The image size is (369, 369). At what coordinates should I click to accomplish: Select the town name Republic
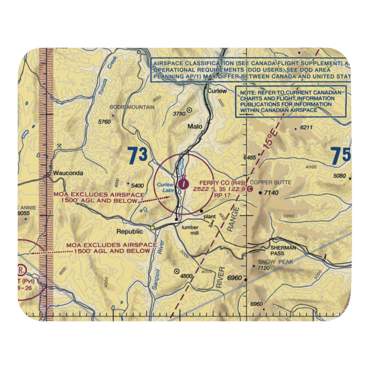click(x=129, y=232)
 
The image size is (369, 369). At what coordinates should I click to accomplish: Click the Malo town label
click(x=195, y=127)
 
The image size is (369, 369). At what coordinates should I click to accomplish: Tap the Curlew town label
click(x=216, y=91)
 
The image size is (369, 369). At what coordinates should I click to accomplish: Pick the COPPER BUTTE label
click(x=270, y=182)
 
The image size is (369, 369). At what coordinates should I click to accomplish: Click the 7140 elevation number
click(x=271, y=193)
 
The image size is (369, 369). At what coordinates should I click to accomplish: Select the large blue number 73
click(x=138, y=156)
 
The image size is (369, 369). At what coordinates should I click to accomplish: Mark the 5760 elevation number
click(x=104, y=121)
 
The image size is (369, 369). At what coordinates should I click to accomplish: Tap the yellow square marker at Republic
click(x=152, y=228)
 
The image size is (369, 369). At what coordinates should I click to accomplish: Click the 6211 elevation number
click(x=306, y=128)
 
